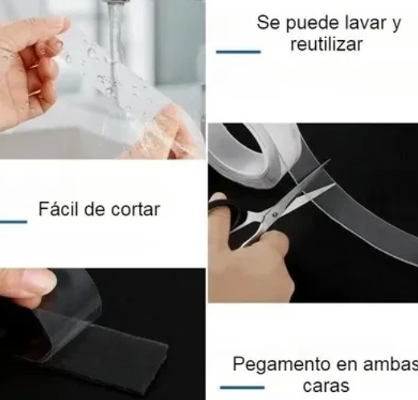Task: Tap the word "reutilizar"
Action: pos(326,44)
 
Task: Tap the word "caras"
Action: pos(326,386)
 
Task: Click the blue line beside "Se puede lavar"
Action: pos(238,51)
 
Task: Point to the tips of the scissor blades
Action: pos(331,186)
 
